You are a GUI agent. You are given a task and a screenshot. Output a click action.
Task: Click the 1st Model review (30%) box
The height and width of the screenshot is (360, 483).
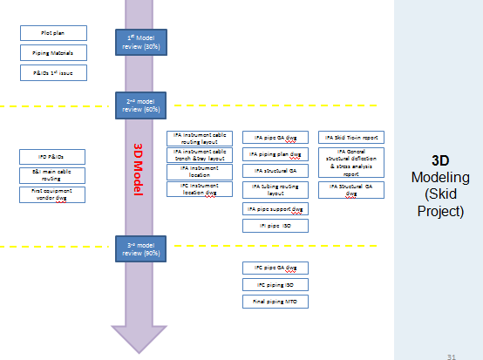click(x=139, y=42)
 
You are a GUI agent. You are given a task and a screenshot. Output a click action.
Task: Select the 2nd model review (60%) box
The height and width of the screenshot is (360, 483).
click(x=139, y=105)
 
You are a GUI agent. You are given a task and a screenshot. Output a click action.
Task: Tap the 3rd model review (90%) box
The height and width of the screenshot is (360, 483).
click(x=139, y=248)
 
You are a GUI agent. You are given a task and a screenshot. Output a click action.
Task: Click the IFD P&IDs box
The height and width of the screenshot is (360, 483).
click(x=52, y=156)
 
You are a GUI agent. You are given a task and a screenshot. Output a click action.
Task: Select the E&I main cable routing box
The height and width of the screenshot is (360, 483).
click(x=52, y=174)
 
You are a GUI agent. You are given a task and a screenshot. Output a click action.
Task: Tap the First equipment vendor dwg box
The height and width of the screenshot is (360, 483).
click(x=52, y=194)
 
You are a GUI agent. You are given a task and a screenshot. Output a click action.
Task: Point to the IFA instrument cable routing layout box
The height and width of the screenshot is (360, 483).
click(x=200, y=138)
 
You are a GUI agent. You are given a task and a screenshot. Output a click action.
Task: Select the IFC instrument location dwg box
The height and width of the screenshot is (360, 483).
click(x=200, y=188)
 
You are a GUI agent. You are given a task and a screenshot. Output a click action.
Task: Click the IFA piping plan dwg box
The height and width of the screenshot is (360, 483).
click(x=276, y=154)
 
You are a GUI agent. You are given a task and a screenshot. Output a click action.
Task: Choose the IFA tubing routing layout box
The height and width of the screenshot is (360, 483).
click(x=276, y=189)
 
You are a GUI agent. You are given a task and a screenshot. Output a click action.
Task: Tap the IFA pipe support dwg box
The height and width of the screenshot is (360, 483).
click(x=276, y=209)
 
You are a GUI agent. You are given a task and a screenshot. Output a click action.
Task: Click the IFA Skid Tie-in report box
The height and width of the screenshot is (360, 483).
click(x=350, y=138)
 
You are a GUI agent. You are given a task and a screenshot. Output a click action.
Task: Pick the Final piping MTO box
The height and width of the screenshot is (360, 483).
click(x=276, y=302)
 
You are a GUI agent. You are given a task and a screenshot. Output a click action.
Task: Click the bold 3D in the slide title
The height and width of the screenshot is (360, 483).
click(x=440, y=161)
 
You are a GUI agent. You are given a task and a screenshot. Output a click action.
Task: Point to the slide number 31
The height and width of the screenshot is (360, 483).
click(x=451, y=355)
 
